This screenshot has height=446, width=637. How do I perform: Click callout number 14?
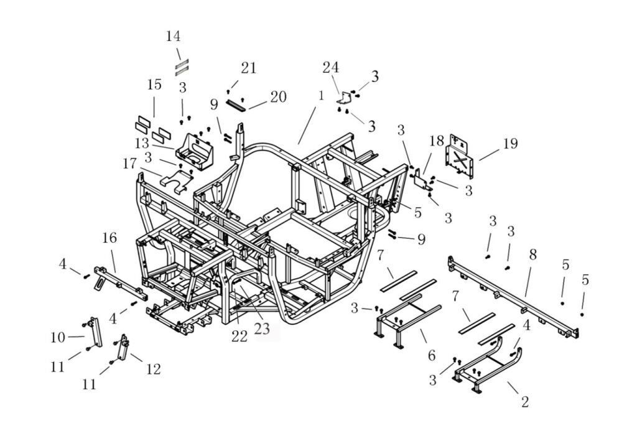pyautogui.click(x=174, y=36)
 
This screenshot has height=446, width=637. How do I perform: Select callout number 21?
pyautogui.click(x=249, y=68)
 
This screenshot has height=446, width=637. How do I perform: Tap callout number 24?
pyautogui.click(x=330, y=67)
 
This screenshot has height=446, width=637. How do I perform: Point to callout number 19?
pyautogui.click(x=510, y=144)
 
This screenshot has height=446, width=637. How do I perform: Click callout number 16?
pyautogui.click(x=109, y=238)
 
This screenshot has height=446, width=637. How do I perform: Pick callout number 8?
pyautogui.click(x=532, y=254)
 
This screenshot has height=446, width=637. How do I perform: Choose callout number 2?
pyautogui.click(x=524, y=402)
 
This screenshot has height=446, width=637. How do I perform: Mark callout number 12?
pyautogui.click(x=153, y=369)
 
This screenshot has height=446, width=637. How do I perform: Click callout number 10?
pyautogui.click(x=58, y=338)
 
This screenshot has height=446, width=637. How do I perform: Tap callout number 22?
pyautogui.click(x=239, y=337)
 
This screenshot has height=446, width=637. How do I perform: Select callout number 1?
pyautogui.click(x=321, y=96)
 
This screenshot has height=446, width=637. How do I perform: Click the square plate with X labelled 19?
pyautogui.click(x=460, y=152)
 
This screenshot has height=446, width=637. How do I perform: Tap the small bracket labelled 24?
pyautogui.click(x=344, y=97)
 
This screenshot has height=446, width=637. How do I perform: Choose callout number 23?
pyautogui.click(x=262, y=328)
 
